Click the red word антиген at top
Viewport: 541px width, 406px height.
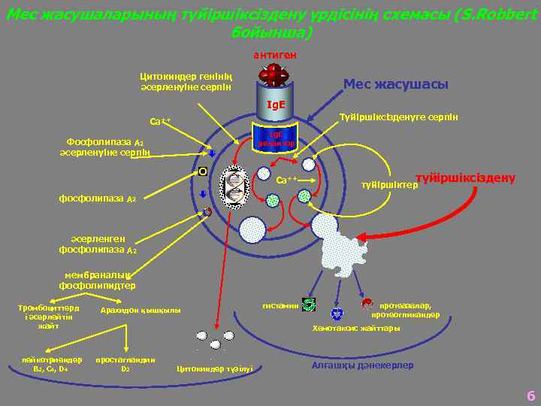point(275,55)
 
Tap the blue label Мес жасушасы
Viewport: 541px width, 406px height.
point(395,84)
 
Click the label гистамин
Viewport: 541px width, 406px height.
point(279,305)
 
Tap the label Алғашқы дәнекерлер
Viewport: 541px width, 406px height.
point(361,365)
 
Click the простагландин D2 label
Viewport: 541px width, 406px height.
point(125,364)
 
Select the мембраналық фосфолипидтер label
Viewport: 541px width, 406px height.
point(97,280)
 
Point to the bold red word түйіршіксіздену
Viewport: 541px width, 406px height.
point(465,177)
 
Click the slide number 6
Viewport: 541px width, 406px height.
point(530,395)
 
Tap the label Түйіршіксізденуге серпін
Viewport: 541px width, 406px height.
point(399,117)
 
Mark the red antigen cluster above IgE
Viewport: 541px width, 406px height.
point(275,74)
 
